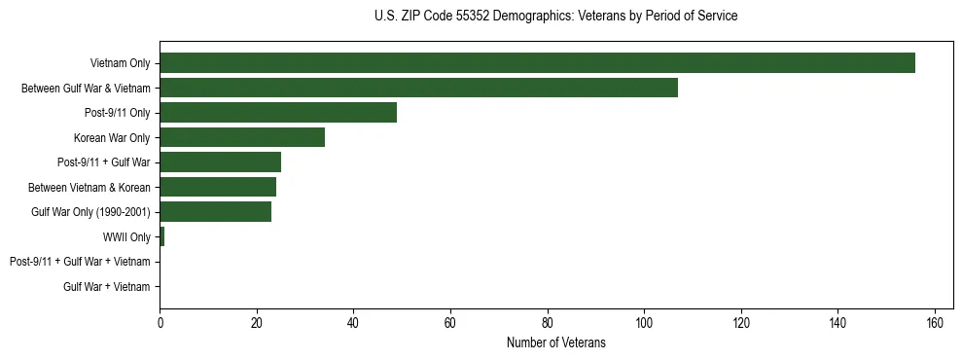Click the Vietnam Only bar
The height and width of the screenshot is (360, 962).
click(537, 63)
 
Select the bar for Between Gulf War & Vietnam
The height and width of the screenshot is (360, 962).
click(418, 88)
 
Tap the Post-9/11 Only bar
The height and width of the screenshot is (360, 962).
click(278, 113)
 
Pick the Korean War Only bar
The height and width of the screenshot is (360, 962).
click(242, 137)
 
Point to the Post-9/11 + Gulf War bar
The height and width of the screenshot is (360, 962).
click(220, 162)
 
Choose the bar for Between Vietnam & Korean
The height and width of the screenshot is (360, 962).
click(218, 187)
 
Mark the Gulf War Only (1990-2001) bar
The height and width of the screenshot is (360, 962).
click(215, 212)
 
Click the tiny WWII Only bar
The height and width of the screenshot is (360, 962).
click(162, 236)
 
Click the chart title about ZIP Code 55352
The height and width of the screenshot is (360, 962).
click(555, 17)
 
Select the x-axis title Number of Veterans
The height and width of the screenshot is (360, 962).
click(555, 342)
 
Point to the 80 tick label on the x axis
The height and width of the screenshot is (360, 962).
click(548, 322)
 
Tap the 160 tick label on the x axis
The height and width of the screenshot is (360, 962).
click(935, 322)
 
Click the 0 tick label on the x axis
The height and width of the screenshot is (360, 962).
click(160, 322)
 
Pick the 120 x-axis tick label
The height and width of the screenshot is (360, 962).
click(741, 322)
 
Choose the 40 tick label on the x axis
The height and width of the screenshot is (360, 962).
click(353, 322)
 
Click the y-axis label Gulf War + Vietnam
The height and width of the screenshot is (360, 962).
click(107, 287)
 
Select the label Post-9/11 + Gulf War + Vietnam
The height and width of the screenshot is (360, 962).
click(80, 262)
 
